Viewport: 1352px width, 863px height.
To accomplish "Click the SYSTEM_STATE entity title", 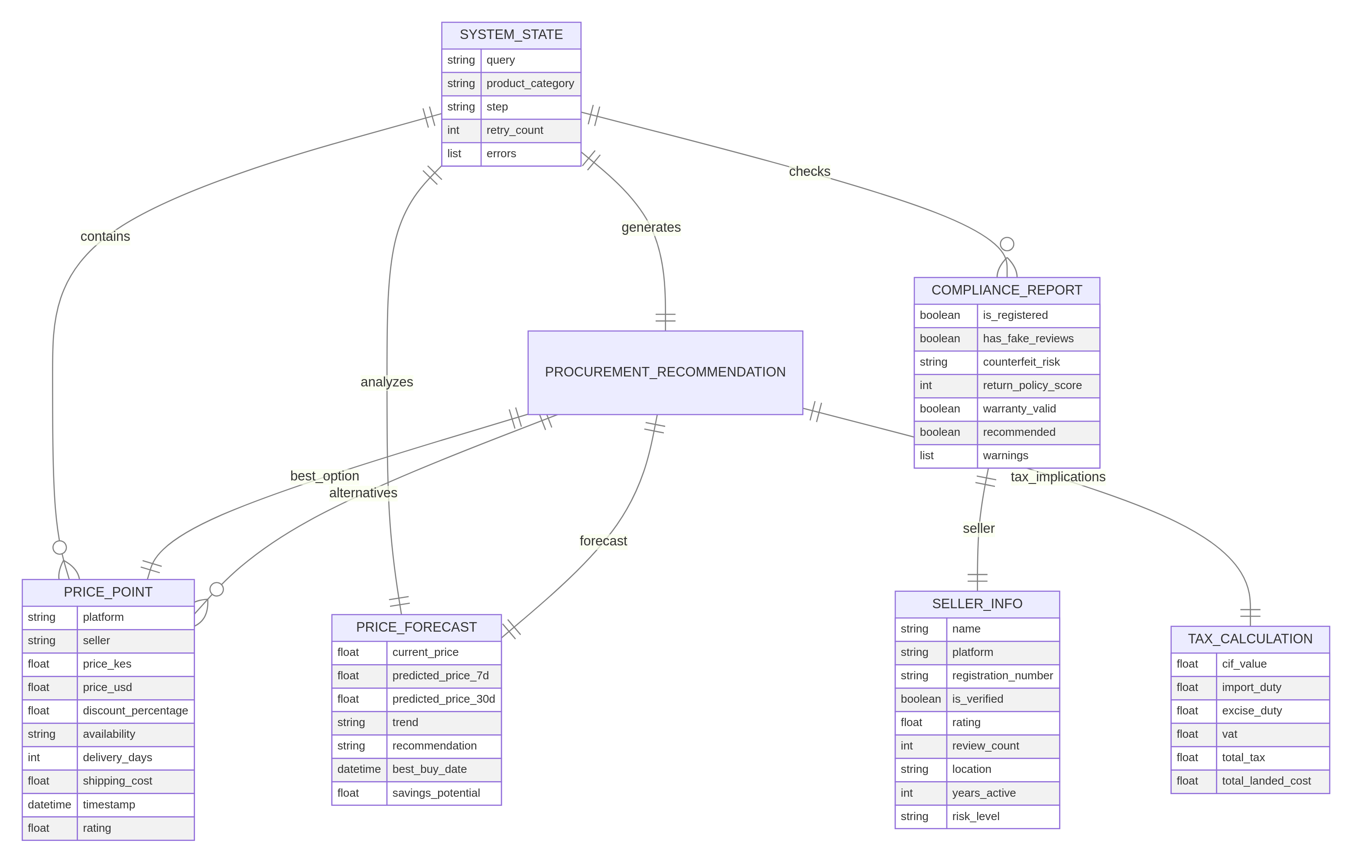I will pyautogui.click(x=511, y=35).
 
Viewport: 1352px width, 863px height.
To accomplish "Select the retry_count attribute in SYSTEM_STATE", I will pyautogui.click(x=514, y=130).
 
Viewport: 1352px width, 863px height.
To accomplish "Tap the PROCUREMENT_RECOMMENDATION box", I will pyautogui.click(x=665, y=372).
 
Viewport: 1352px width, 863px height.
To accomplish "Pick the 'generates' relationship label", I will pyautogui.click(x=651, y=227).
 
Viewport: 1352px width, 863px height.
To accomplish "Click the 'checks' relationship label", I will pyautogui.click(x=809, y=171).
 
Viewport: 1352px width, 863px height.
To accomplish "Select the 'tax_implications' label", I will pyautogui.click(x=1058, y=477).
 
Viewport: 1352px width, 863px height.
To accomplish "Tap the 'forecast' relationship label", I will pyautogui.click(x=603, y=541).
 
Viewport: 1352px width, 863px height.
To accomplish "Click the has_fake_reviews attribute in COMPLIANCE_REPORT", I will pyautogui.click(x=1027, y=339).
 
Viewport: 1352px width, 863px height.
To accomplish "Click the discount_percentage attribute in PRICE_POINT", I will pyautogui.click(x=135, y=711).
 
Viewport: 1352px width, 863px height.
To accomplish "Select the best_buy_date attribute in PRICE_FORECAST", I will pyautogui.click(x=429, y=769).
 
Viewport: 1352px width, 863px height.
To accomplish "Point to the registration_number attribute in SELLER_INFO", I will pyautogui.click(x=1002, y=675).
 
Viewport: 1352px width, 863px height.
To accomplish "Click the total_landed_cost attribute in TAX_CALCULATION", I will pyautogui.click(x=1266, y=781).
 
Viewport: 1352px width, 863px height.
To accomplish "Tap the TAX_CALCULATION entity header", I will pyautogui.click(x=1250, y=639).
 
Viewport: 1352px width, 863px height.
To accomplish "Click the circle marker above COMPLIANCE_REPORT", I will pyautogui.click(x=1007, y=243).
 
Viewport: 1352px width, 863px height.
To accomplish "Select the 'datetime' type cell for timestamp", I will pyautogui.click(x=49, y=805).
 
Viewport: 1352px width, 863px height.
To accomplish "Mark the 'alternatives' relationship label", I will pyautogui.click(x=363, y=493).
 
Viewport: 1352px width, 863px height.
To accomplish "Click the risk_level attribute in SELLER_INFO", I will pyautogui.click(x=975, y=816).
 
